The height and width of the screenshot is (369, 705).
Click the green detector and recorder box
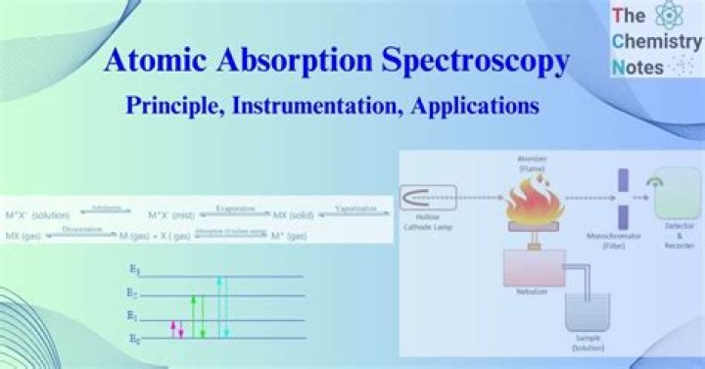pos(678,200)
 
